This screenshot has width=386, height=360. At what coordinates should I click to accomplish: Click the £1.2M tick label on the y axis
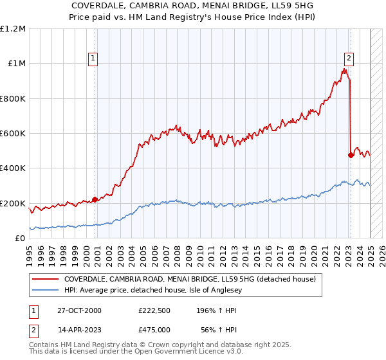click(13, 29)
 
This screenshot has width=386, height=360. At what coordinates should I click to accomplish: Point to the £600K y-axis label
click(13, 134)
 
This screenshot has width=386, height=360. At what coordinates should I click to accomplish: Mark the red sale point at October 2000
click(95, 199)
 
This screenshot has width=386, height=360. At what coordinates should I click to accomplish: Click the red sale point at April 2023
click(351, 155)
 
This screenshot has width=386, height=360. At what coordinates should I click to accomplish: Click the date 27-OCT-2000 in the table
click(79, 310)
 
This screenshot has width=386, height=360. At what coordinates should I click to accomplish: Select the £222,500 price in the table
click(154, 310)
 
